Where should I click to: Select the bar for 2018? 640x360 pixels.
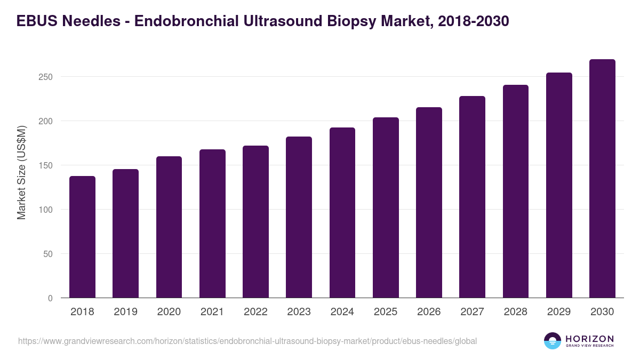coord(82,237)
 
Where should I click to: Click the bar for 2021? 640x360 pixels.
coord(212,224)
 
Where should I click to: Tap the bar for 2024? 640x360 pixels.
coord(342,213)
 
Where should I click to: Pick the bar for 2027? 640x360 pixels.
coord(472,197)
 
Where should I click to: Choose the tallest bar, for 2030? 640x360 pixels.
coord(602,179)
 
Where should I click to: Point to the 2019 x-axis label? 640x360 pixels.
coord(126,312)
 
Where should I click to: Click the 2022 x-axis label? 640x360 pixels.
coord(255,312)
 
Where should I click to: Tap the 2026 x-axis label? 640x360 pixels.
coord(429,312)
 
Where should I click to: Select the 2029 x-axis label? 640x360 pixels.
coord(559,312)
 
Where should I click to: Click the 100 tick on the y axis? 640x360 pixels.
coord(46,210)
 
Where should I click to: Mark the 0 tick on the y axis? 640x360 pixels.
coord(50,298)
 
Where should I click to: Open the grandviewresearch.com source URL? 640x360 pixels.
coord(247,341)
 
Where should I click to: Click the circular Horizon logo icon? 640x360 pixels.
coord(553,341)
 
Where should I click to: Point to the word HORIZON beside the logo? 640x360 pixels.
coord(590,338)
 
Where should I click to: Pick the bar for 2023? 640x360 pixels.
coord(299,218)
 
